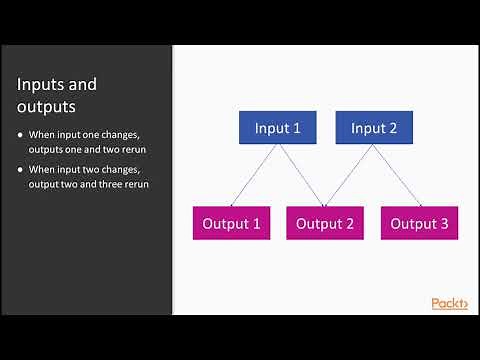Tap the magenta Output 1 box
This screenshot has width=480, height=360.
pos(231,223)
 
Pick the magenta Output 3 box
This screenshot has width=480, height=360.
pos(419,223)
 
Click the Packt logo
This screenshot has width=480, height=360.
pos(449,304)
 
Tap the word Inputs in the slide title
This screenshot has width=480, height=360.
pos(43,84)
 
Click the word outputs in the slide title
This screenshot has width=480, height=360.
pos(46,105)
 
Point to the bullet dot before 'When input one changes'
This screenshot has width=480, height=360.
pos(21,135)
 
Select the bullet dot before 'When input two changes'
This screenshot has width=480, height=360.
pos(21,169)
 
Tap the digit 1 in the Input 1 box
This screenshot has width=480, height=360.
pos(298,127)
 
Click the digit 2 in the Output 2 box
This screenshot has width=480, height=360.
pos(349,223)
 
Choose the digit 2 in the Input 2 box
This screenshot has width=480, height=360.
pos(394,127)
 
